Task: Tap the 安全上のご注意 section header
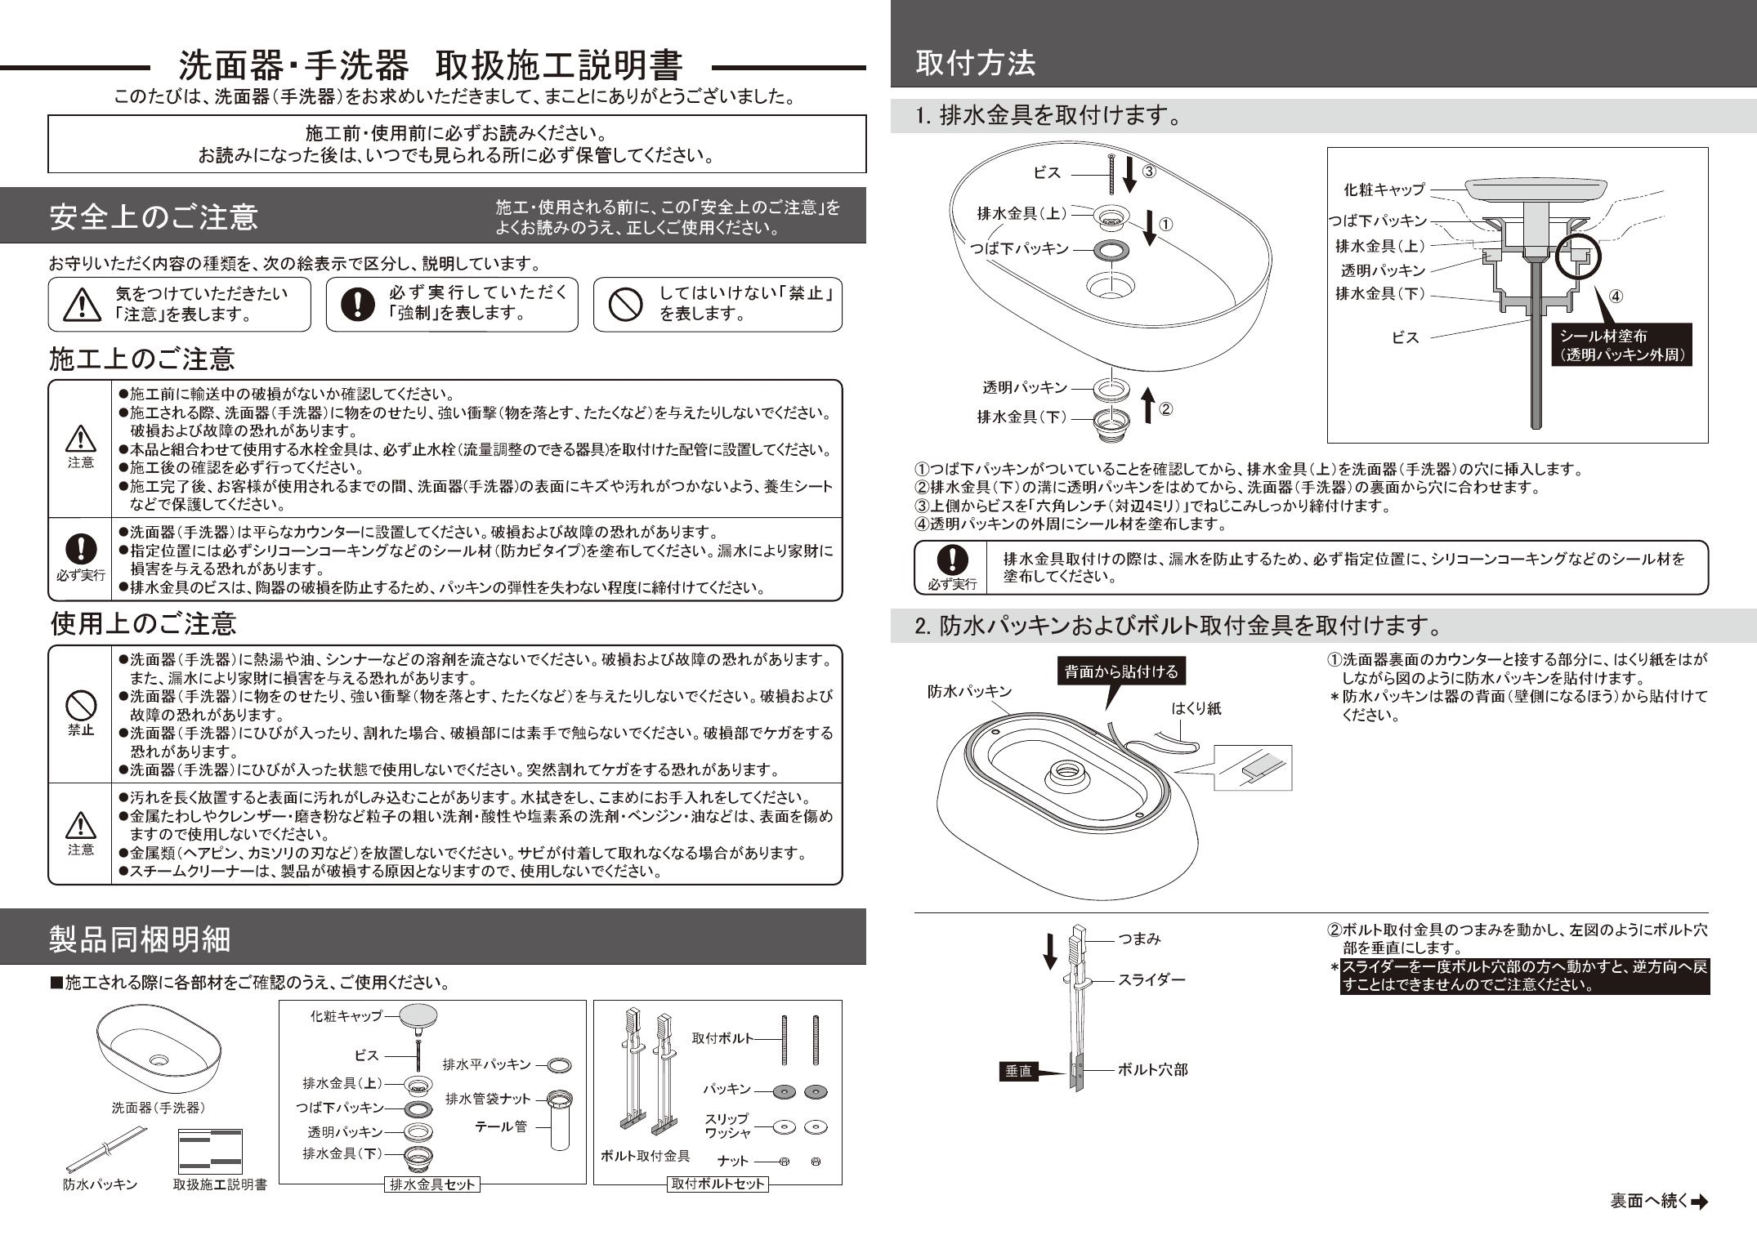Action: point(154,216)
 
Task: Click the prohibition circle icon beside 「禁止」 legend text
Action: point(626,305)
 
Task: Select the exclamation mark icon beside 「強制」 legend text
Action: point(357,305)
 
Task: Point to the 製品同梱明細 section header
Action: point(140,939)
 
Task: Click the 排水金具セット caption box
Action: point(432,1184)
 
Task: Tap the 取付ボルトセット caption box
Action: point(718,1184)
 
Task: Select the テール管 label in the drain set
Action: point(501,1126)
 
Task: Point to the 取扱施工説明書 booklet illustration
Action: point(210,1151)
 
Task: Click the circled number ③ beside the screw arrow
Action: point(1148,172)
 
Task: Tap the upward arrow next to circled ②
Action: point(1147,405)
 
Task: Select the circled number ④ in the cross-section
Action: point(1616,296)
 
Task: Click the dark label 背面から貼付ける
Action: point(1120,671)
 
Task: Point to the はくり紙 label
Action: point(1196,709)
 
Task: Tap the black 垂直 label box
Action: point(1018,1071)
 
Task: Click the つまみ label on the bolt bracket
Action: point(1139,939)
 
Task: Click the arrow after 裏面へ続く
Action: point(1700,1202)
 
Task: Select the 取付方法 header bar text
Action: point(975,63)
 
